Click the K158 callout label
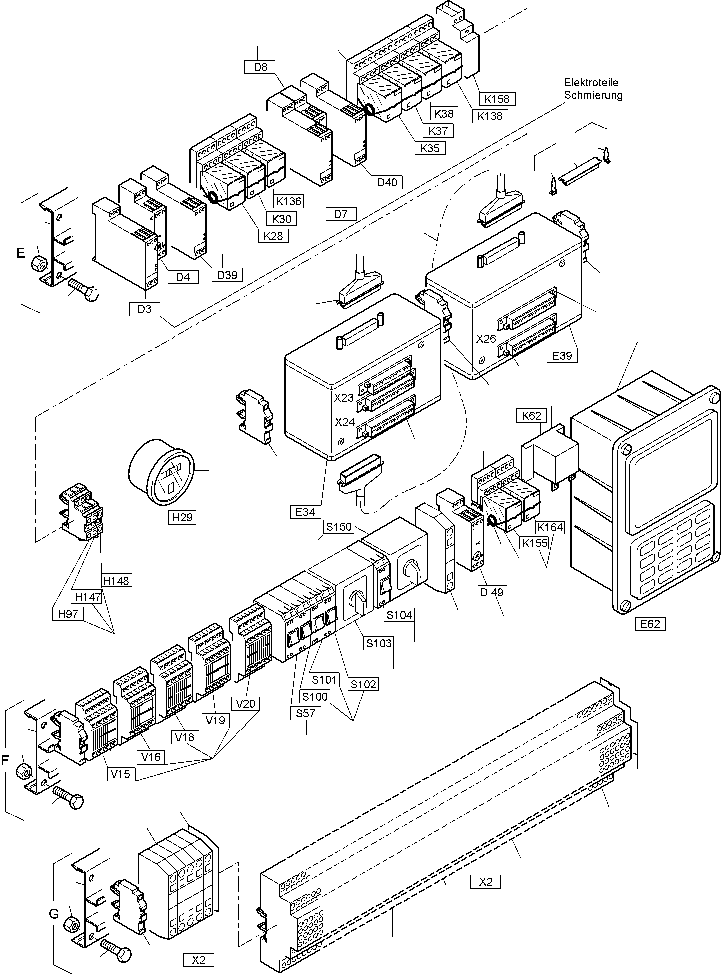point(497,99)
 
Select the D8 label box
point(261,67)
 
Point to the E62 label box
point(650,624)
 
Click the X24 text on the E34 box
point(345,422)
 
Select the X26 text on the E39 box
point(486,339)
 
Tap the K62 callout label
point(531,416)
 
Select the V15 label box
point(120,774)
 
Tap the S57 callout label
point(306,713)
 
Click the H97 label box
point(68,614)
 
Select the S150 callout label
point(339,527)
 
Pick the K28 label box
point(273,236)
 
